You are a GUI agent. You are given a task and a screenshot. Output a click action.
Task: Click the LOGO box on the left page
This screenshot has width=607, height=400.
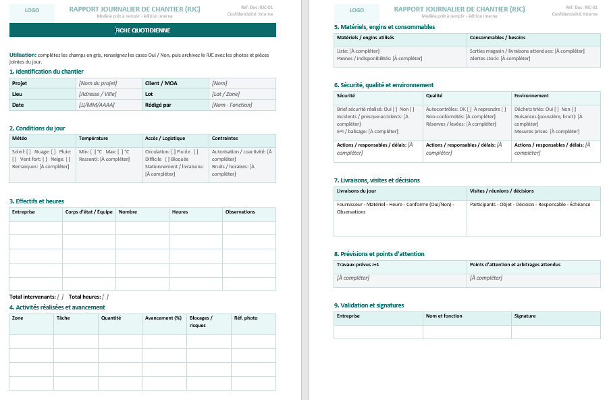pyautogui.click(x=32, y=11)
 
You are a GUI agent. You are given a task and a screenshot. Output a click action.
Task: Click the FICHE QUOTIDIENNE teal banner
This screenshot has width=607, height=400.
pyautogui.click(x=142, y=30)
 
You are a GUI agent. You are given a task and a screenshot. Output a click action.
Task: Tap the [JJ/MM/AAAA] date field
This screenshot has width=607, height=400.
pyautogui.click(x=97, y=105)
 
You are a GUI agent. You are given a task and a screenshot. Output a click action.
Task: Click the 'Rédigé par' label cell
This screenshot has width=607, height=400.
pyautogui.click(x=158, y=105)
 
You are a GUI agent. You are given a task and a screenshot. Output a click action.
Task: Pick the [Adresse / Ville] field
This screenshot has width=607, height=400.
pyautogui.click(x=98, y=94)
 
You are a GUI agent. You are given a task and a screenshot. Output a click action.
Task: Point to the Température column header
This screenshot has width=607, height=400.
pyautogui.click(x=93, y=138)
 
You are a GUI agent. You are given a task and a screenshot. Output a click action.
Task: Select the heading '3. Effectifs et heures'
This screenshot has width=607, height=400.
pyautogui.click(x=36, y=201)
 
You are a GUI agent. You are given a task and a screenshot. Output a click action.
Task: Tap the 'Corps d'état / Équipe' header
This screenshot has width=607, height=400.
pyautogui.click(x=88, y=212)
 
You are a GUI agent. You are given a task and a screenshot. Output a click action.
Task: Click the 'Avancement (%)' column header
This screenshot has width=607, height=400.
pyautogui.click(x=163, y=318)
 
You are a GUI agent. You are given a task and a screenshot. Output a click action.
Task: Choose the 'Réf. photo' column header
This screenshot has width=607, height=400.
pyautogui.click(x=246, y=318)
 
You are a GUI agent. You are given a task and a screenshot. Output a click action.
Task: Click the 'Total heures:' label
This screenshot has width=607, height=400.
pyautogui.click(x=85, y=297)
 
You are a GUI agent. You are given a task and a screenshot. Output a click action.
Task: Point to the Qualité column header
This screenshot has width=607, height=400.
pyautogui.click(x=435, y=96)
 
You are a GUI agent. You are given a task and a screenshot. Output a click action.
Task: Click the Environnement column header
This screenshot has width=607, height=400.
pyautogui.click(x=531, y=96)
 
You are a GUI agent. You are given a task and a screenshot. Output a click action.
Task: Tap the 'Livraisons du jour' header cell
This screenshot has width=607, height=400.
pyautogui.click(x=357, y=191)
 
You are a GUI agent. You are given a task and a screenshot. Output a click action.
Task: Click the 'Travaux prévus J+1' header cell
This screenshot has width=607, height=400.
pyautogui.click(x=358, y=265)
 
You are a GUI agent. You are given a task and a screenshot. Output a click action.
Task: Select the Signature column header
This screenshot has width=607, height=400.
pyautogui.click(x=525, y=316)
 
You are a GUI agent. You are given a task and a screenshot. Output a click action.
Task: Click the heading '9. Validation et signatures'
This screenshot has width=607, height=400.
pyautogui.click(x=369, y=305)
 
